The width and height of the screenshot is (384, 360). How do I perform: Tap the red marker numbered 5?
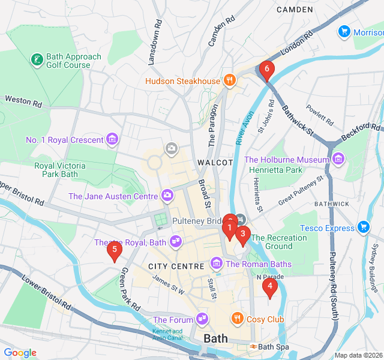(x=114, y=250)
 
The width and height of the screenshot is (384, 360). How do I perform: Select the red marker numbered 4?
(x=270, y=287)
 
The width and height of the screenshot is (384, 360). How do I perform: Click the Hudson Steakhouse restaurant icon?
(x=229, y=80)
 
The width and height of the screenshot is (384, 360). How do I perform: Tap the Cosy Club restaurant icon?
(x=238, y=319)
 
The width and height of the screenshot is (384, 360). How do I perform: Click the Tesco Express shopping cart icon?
(x=362, y=227)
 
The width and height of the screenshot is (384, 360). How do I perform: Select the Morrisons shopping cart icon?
(x=344, y=31)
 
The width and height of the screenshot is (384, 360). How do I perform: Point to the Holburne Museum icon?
(x=338, y=160)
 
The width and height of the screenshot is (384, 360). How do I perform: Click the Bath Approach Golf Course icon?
(x=37, y=60)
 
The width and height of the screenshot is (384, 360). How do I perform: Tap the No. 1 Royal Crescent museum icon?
(x=112, y=140)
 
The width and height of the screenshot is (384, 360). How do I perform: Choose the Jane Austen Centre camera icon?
(x=167, y=196)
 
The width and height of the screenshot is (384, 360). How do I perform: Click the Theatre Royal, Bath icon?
(x=176, y=242)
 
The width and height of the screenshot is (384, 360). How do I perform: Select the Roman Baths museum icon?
(x=216, y=263)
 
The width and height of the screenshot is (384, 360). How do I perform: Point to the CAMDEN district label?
(x=295, y=10)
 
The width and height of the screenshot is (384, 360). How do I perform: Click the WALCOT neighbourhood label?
(x=214, y=163)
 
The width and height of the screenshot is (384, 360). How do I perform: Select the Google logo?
(x=20, y=353)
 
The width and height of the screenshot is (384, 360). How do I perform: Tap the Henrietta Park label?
(x=277, y=170)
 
